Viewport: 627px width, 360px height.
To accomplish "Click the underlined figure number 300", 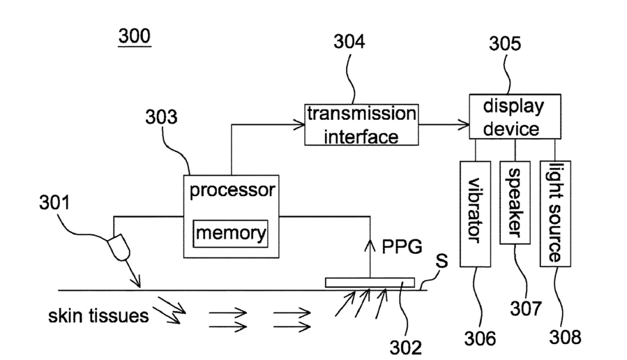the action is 135,36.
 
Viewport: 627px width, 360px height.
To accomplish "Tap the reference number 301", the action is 54,202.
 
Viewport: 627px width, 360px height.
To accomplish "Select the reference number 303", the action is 161,117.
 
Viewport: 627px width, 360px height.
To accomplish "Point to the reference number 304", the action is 349,42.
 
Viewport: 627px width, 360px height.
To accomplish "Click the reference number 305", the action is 505,43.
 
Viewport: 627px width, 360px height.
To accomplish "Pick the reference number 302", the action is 405,347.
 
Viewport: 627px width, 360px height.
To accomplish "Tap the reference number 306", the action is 480,338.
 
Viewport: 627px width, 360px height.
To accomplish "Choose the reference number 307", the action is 525,308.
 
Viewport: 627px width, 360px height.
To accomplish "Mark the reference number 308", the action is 565,337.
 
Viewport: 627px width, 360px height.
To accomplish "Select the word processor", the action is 232,190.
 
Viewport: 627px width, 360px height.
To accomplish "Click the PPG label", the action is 402,247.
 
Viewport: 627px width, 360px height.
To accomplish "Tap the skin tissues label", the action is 98,315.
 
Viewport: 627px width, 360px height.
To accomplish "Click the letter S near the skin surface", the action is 441,261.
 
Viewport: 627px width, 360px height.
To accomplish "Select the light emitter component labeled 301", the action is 119,248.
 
